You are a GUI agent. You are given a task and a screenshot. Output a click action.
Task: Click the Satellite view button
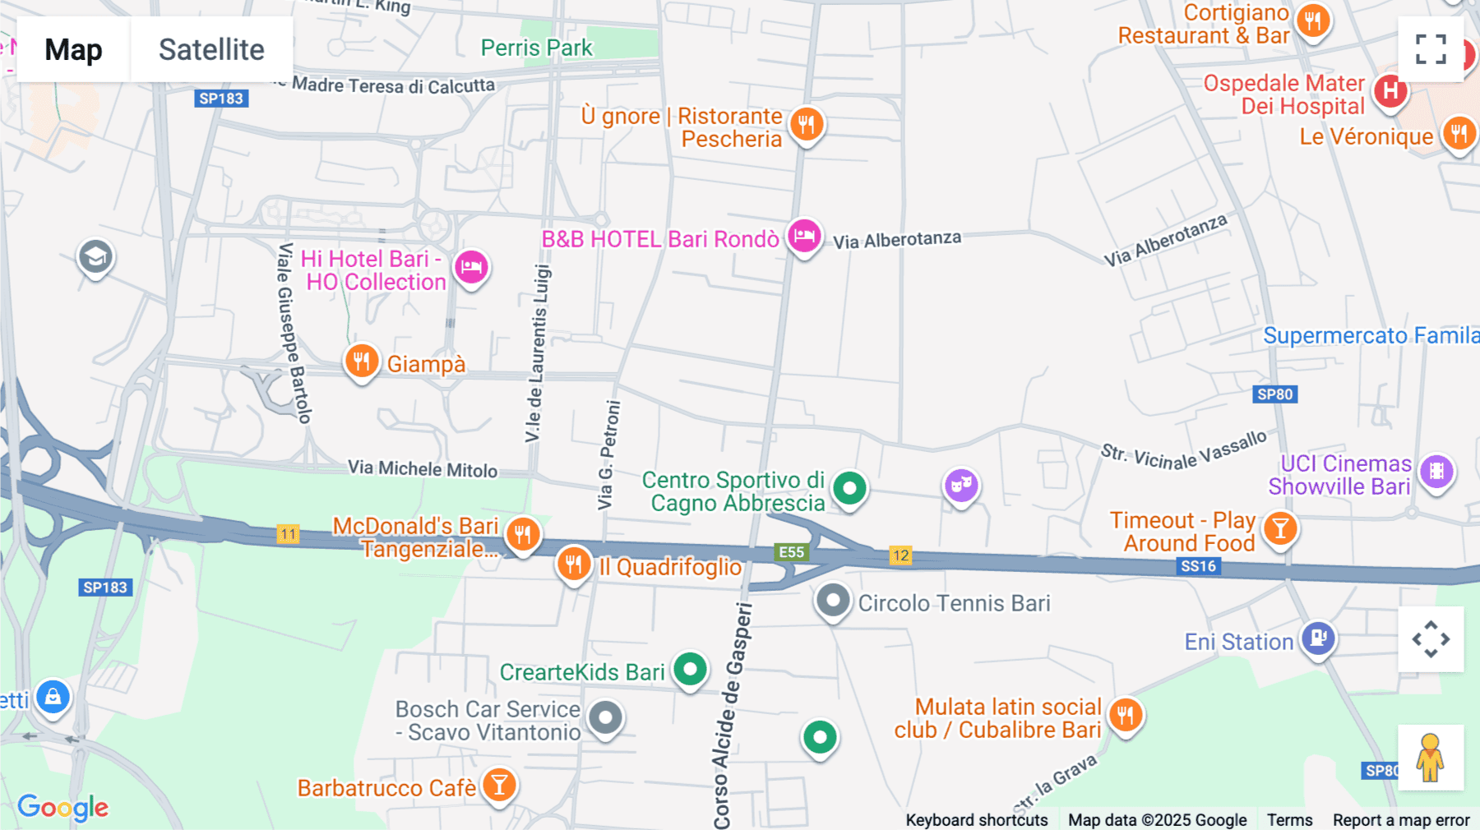[x=211, y=49]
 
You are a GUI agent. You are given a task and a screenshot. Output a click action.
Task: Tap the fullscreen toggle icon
[x=1431, y=49]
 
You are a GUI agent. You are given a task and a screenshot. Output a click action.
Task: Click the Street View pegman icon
[x=1431, y=758]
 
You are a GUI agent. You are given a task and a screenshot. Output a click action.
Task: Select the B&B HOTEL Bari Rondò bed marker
[x=804, y=237]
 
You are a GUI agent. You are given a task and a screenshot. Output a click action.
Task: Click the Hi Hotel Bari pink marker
[x=471, y=267]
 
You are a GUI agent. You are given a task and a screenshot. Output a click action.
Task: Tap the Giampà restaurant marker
[x=361, y=361]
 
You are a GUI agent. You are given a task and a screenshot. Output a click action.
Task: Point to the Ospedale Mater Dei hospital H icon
[x=1390, y=90]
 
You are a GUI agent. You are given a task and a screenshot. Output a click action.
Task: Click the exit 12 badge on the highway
[x=900, y=556]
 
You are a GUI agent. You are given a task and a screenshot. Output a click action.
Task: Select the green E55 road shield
[x=791, y=552]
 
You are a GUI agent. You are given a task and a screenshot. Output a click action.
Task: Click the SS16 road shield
[x=1198, y=566]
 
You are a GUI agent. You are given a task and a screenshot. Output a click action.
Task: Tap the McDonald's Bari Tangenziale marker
[x=523, y=534]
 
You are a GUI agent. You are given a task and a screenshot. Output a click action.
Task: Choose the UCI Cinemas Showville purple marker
[x=1436, y=472]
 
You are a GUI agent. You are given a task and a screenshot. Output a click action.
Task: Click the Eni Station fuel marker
[x=1318, y=638]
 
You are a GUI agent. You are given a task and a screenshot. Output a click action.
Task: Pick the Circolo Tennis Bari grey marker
[x=833, y=601]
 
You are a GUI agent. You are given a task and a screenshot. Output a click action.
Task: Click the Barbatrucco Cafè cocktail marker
[x=499, y=785]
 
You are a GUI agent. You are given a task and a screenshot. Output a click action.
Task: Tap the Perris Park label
[x=536, y=48]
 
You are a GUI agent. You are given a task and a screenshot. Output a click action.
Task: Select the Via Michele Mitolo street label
[x=423, y=469]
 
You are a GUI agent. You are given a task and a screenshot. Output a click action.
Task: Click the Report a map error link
[x=1401, y=820]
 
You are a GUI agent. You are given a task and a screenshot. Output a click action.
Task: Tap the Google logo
[x=62, y=807]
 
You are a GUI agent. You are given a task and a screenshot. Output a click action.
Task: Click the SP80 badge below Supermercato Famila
[x=1274, y=394]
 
